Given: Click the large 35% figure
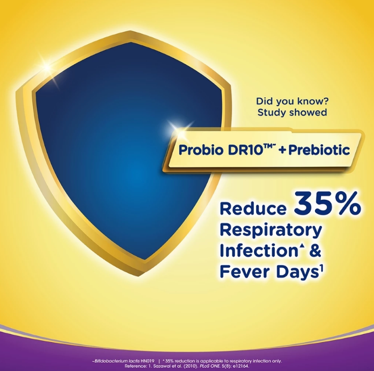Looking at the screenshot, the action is coord(327,203).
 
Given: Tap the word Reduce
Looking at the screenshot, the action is coord(253,208).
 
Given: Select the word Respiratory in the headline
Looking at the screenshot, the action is coord(271,231).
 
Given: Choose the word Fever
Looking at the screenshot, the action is coord(246,271).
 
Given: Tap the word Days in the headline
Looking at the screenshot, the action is coord(296,272).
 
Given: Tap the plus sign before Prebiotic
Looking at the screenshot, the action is coord(283,150).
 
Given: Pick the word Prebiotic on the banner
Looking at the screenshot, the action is coord(319,150).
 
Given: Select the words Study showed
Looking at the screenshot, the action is coord(292,112).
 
